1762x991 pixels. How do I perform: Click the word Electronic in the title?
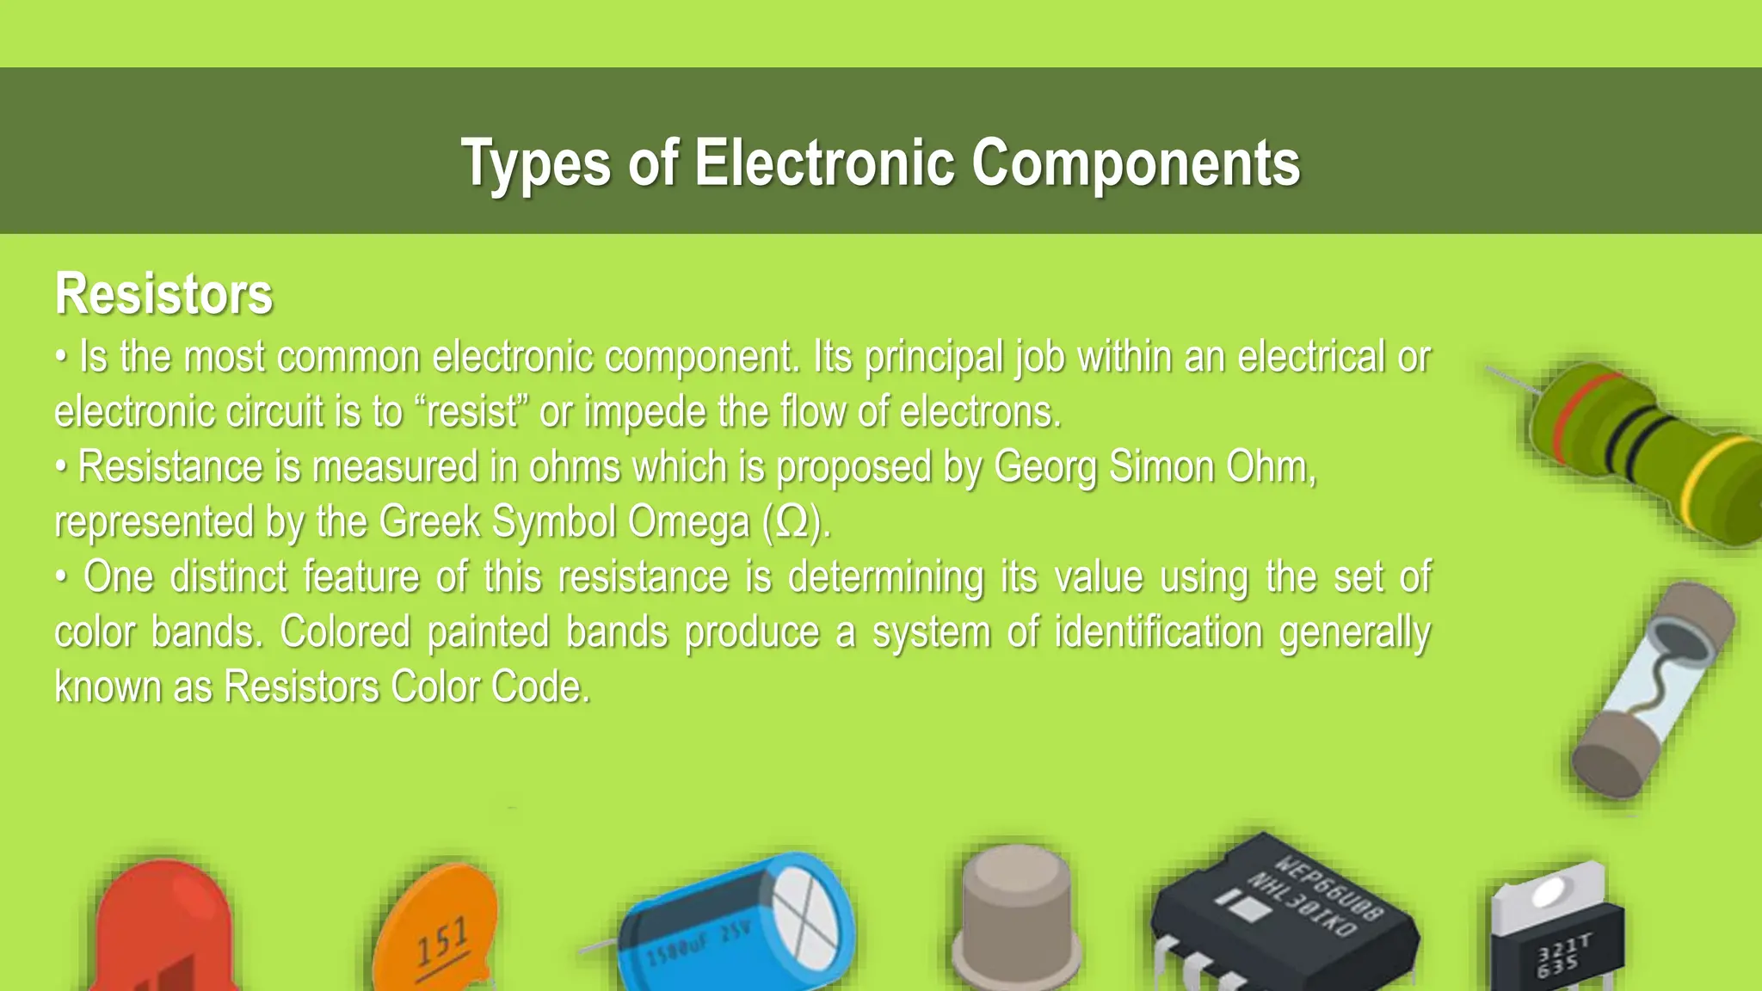click(824, 163)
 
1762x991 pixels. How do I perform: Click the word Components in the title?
click(1136, 163)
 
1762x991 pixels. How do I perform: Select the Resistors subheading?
click(163, 294)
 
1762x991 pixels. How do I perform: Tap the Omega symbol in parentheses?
click(792, 522)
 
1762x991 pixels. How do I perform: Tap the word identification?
click(1158, 632)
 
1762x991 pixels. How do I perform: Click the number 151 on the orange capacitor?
click(442, 941)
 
